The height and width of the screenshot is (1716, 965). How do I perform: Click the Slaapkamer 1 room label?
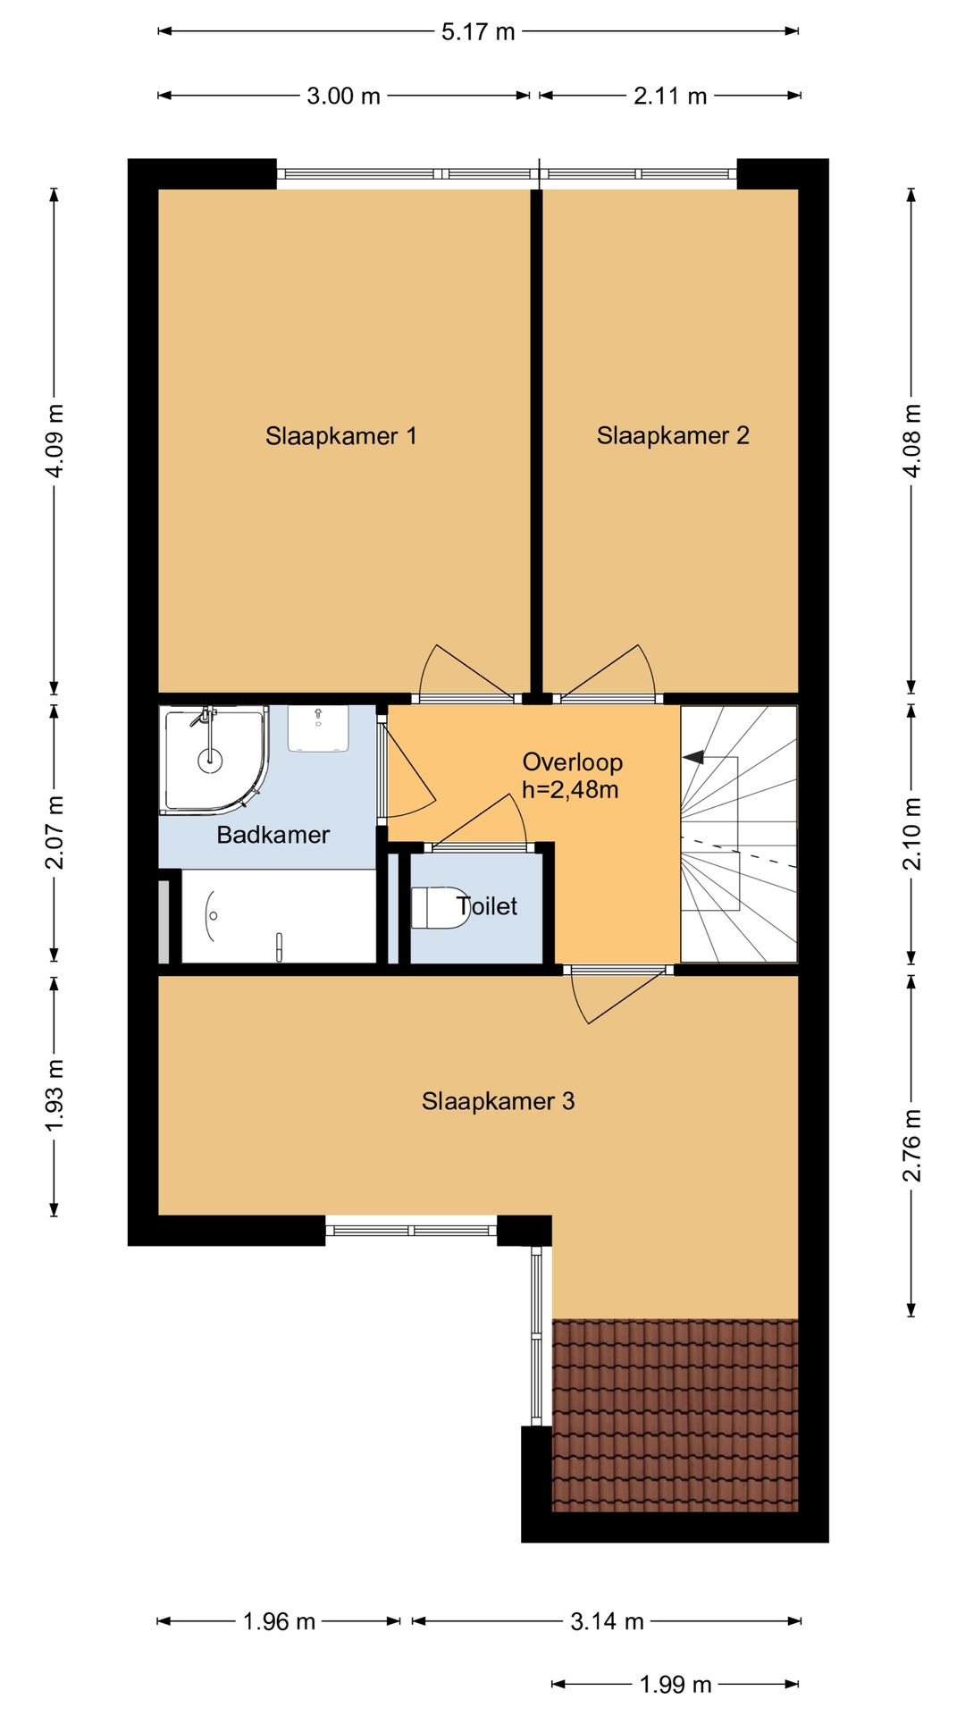(x=340, y=436)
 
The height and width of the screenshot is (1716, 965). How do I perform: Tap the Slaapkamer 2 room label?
(x=673, y=435)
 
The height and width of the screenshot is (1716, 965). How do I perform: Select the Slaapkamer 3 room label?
(x=498, y=1101)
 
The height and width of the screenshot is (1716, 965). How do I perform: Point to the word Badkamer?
(x=273, y=835)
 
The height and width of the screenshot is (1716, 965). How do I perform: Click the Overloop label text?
(x=573, y=762)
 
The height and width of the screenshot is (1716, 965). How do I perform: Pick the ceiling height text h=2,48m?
(x=570, y=790)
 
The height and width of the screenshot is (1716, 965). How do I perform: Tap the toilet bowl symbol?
(x=440, y=907)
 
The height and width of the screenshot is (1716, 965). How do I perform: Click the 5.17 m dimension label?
(x=478, y=32)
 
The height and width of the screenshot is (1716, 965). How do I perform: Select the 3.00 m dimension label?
(x=344, y=96)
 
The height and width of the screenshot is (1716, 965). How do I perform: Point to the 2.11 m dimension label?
(x=670, y=96)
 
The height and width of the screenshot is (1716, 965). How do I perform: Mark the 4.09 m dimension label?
(x=55, y=441)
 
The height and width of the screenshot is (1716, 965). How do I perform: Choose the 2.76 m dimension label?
(x=910, y=1145)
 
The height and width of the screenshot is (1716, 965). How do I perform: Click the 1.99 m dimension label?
(x=675, y=1685)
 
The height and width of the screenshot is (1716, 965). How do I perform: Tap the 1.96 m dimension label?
(x=279, y=1621)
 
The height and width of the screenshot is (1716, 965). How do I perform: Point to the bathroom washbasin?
(x=318, y=728)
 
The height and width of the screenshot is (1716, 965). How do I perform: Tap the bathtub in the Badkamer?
(x=279, y=916)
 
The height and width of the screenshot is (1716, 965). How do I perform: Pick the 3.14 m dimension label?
(x=607, y=1621)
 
